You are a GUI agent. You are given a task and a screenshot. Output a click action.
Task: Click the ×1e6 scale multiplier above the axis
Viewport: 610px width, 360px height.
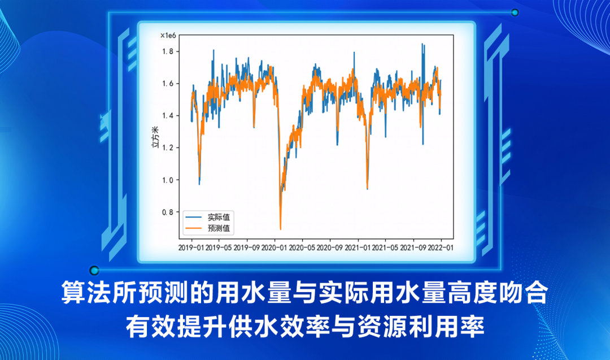pyautogui.click(x=169, y=36)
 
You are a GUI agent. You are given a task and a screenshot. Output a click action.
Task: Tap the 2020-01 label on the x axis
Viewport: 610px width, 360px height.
pyautogui.click(x=274, y=247)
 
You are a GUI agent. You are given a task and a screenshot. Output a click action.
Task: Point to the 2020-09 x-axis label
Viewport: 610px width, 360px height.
pyautogui.click(x=329, y=247)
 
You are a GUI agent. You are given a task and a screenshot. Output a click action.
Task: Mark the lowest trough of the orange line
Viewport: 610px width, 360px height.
pyautogui.click(x=280, y=228)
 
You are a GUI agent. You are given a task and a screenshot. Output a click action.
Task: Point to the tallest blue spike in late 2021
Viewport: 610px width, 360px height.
pyautogui.click(x=422, y=45)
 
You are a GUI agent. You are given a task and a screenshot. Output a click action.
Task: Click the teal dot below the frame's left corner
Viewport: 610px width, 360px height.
pyautogui.click(x=94, y=271)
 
